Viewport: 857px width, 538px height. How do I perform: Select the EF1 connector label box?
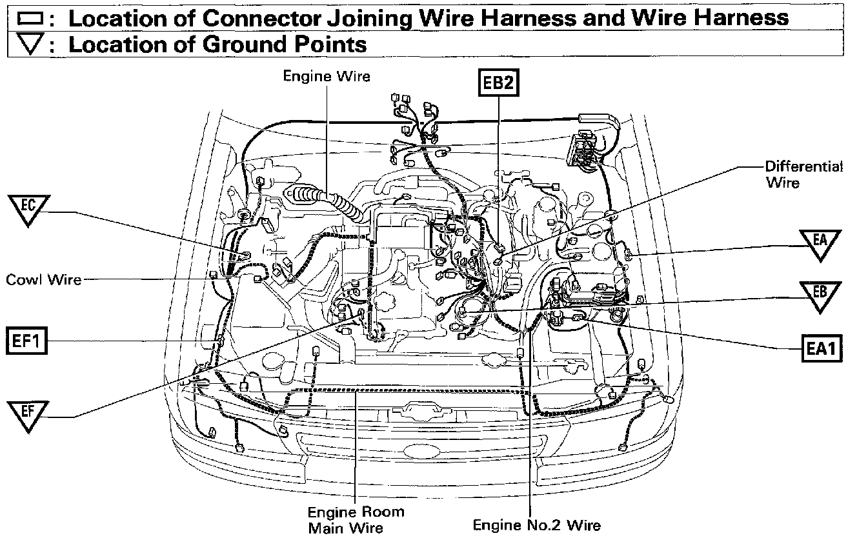pos(27,341)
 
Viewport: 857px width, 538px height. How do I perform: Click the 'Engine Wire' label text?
pos(327,76)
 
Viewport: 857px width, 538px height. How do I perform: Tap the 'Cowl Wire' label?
pos(44,280)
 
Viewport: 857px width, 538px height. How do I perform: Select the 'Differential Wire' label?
pos(804,174)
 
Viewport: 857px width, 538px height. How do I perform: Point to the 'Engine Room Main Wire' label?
pos(356,519)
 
